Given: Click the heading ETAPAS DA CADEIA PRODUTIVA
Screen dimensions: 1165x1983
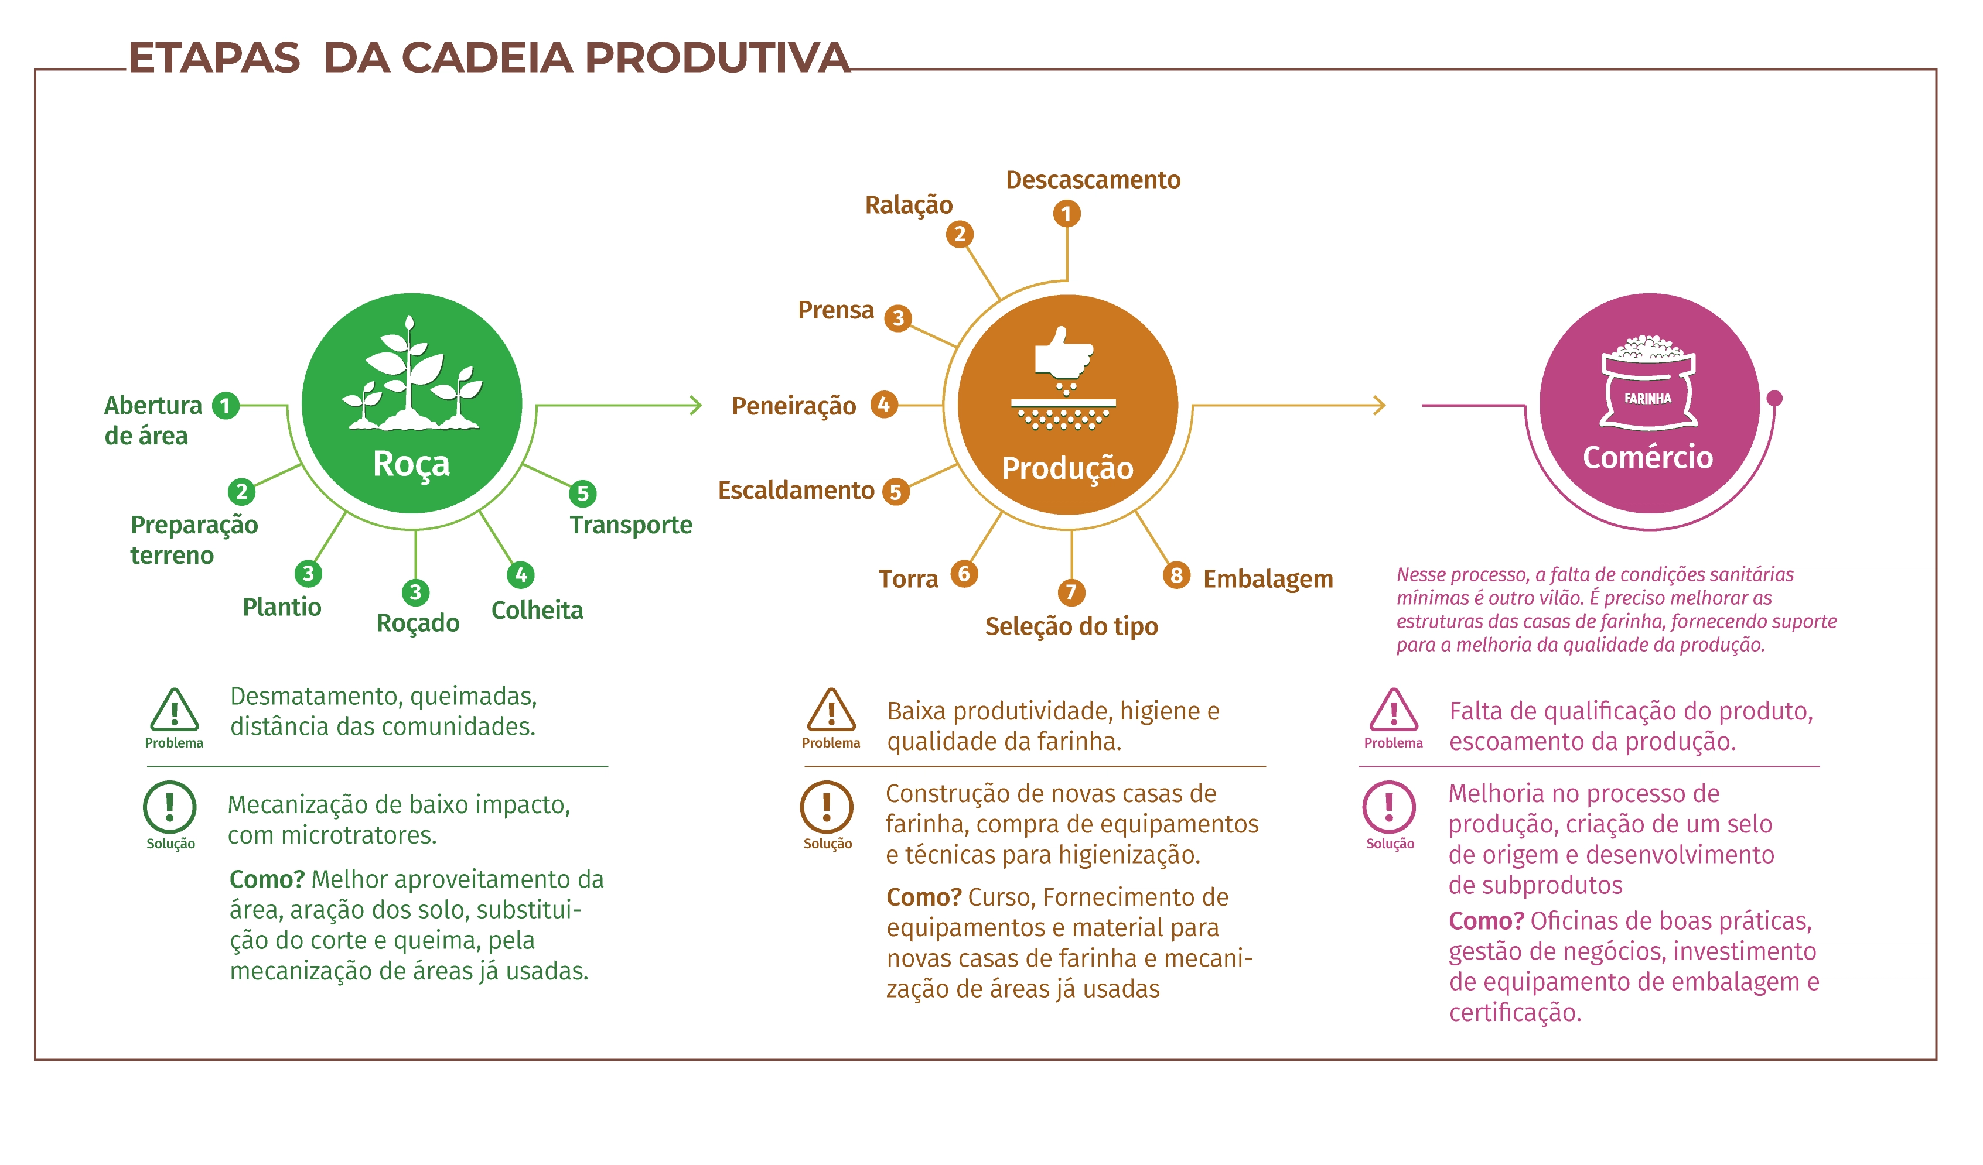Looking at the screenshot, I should [x=489, y=58].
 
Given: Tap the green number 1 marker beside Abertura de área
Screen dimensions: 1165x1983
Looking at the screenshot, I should [x=226, y=406].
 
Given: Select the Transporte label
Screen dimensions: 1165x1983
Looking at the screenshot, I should [x=630, y=525].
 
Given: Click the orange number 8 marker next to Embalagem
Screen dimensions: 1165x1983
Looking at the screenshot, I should [x=1176, y=575].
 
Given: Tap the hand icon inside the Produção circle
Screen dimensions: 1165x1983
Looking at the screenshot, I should [x=1063, y=355].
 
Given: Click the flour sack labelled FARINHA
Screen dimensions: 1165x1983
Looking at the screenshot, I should [x=1648, y=385].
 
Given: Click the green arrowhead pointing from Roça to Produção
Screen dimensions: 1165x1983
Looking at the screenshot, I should [x=695, y=406].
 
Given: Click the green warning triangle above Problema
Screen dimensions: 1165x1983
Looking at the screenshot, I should [x=174, y=710].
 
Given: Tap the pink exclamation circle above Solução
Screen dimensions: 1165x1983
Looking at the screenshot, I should [x=1389, y=807].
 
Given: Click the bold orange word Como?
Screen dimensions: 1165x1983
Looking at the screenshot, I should [x=923, y=897].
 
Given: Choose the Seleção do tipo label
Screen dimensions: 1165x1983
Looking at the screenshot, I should [x=1071, y=627].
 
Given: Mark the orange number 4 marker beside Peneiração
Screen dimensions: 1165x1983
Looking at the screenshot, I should [x=883, y=405].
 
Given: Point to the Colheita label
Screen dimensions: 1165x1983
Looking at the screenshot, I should [x=537, y=611].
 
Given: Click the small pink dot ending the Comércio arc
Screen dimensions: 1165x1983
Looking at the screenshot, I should [x=1774, y=398].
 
